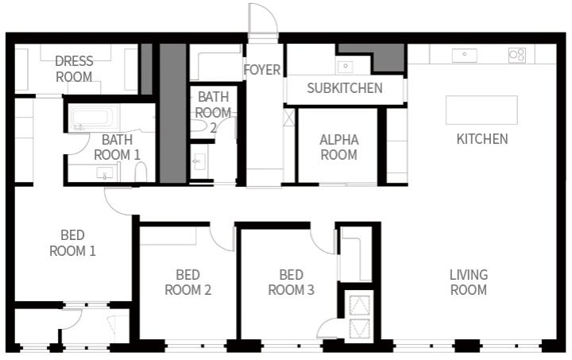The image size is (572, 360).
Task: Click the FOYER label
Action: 262,70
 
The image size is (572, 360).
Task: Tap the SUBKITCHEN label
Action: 345,88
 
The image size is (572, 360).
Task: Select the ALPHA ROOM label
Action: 339,147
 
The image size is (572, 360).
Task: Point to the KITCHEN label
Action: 482,139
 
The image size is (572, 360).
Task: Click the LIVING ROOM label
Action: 469,282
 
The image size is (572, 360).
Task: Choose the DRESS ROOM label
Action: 74,69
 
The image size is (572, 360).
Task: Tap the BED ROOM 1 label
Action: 72,243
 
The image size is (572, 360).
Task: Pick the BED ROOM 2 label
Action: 187,282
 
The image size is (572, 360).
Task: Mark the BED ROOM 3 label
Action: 291,282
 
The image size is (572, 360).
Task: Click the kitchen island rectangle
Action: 481,110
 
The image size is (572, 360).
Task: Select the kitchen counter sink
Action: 465,56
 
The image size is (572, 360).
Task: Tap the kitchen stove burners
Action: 517,55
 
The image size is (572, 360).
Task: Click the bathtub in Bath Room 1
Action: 94,118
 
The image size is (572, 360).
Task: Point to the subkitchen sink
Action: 345,67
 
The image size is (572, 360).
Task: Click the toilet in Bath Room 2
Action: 199,126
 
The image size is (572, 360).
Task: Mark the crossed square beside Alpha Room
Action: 289,118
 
